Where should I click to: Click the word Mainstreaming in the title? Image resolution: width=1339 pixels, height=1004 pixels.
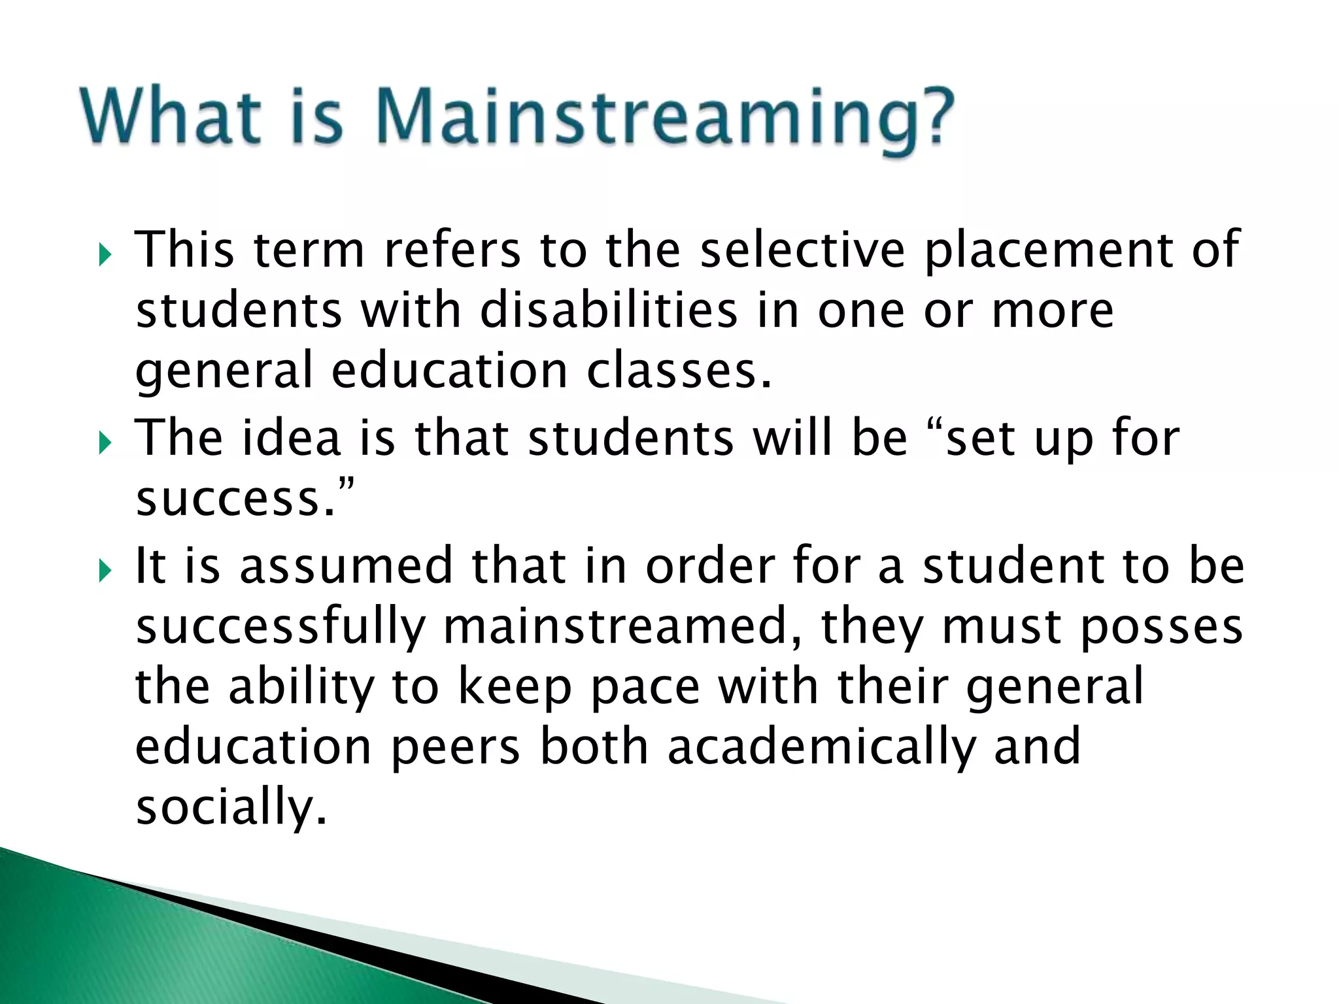click(664, 118)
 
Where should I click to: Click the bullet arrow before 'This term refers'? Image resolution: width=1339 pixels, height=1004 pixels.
click(105, 254)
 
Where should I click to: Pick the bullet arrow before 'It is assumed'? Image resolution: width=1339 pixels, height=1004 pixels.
click(105, 571)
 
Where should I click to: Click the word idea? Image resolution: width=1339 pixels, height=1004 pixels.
click(292, 437)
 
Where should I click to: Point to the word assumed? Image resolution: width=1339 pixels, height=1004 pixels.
click(346, 566)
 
